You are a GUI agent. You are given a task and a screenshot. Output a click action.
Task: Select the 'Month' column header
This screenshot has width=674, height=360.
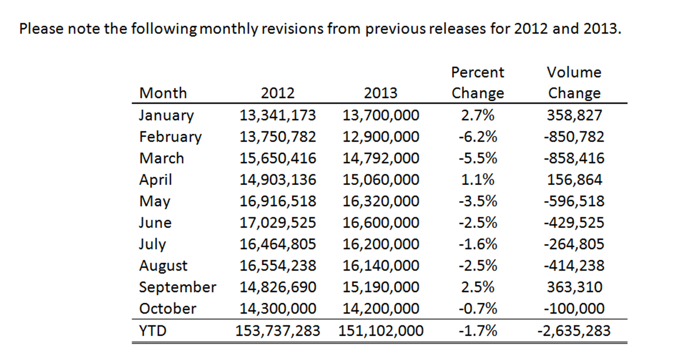coord(163,93)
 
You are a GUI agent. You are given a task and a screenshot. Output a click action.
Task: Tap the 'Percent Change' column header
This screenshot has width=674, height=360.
coord(478,82)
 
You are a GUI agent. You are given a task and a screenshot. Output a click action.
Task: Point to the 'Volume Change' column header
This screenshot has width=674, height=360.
coord(574,82)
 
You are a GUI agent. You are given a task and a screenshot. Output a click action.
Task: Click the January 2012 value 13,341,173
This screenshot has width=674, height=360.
coord(277,115)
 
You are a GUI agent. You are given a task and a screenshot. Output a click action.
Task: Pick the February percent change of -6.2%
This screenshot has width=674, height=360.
coord(478,136)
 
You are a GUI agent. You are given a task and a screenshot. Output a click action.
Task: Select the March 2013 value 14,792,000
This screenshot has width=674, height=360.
coord(380,158)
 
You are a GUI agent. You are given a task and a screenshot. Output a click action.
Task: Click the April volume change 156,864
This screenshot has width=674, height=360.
coord(574,180)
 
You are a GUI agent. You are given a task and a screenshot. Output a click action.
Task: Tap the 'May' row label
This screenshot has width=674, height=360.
coord(155,201)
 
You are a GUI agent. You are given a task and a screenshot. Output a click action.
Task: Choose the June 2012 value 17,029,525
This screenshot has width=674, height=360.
coord(277,223)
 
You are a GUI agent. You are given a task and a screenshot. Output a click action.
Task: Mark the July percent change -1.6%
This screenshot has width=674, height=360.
coord(478,244)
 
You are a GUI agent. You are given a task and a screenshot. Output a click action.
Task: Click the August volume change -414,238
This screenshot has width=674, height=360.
coord(574,266)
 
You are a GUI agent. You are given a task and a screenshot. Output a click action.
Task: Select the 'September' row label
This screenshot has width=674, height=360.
coord(177,287)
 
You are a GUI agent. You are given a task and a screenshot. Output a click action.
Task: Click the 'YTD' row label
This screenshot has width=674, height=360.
coord(152,330)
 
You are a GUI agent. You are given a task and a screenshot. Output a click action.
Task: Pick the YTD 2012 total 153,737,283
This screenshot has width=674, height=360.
coord(277,330)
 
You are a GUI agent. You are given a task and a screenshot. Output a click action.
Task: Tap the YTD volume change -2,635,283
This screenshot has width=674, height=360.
coord(574,330)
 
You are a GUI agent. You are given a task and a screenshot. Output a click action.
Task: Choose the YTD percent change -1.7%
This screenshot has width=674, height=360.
coord(478,330)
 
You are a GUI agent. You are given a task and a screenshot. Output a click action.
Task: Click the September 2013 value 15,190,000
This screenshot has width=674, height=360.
coord(380,287)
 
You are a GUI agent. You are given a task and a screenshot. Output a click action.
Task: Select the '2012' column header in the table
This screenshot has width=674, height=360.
coord(277,93)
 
